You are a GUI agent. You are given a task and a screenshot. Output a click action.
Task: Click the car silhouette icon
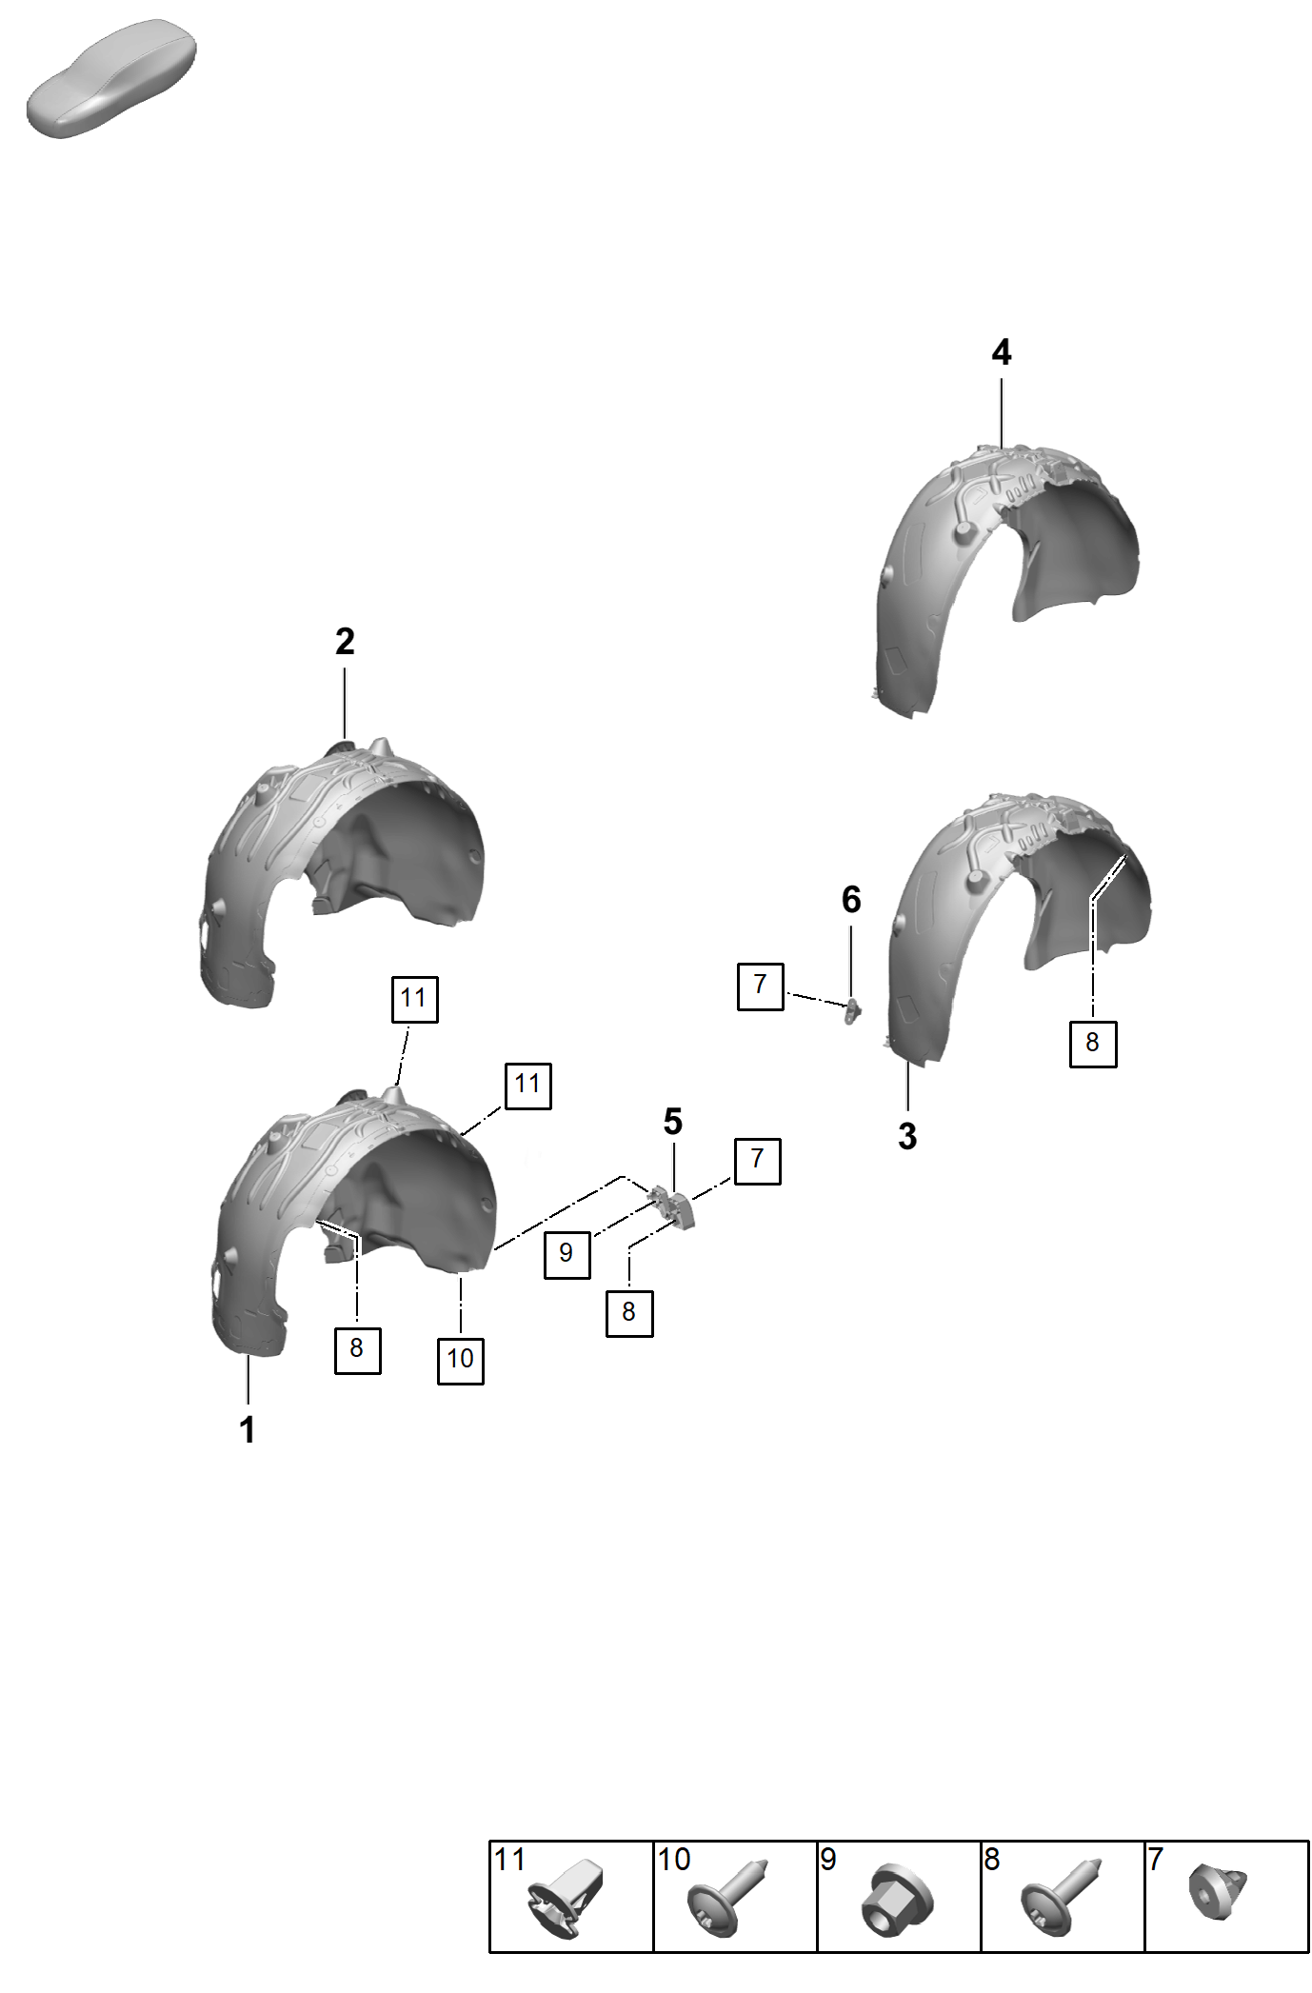pos(110,78)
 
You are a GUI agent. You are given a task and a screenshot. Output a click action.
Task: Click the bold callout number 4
pos(1001,352)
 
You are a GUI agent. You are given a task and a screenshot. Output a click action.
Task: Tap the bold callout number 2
pos(345,642)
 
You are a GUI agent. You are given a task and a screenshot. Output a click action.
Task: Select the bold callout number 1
pos(248,1430)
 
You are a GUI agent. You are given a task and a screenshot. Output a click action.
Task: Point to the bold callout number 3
pos(907,1136)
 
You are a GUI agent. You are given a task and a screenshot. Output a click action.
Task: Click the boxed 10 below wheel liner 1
pos(461,1360)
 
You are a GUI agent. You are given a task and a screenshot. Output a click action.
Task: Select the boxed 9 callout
pos(567,1254)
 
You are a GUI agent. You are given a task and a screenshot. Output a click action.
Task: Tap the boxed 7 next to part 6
pos(761,987)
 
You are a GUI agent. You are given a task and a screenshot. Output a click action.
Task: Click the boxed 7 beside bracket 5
pos(758,1161)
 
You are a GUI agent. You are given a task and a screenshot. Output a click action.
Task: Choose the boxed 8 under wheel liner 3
pos(1093,1044)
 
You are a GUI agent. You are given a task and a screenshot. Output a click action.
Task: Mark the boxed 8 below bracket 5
pos(629,1313)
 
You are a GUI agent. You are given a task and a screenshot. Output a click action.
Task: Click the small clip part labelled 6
pos(852,1010)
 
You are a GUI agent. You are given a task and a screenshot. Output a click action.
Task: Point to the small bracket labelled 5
pos(674,1206)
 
